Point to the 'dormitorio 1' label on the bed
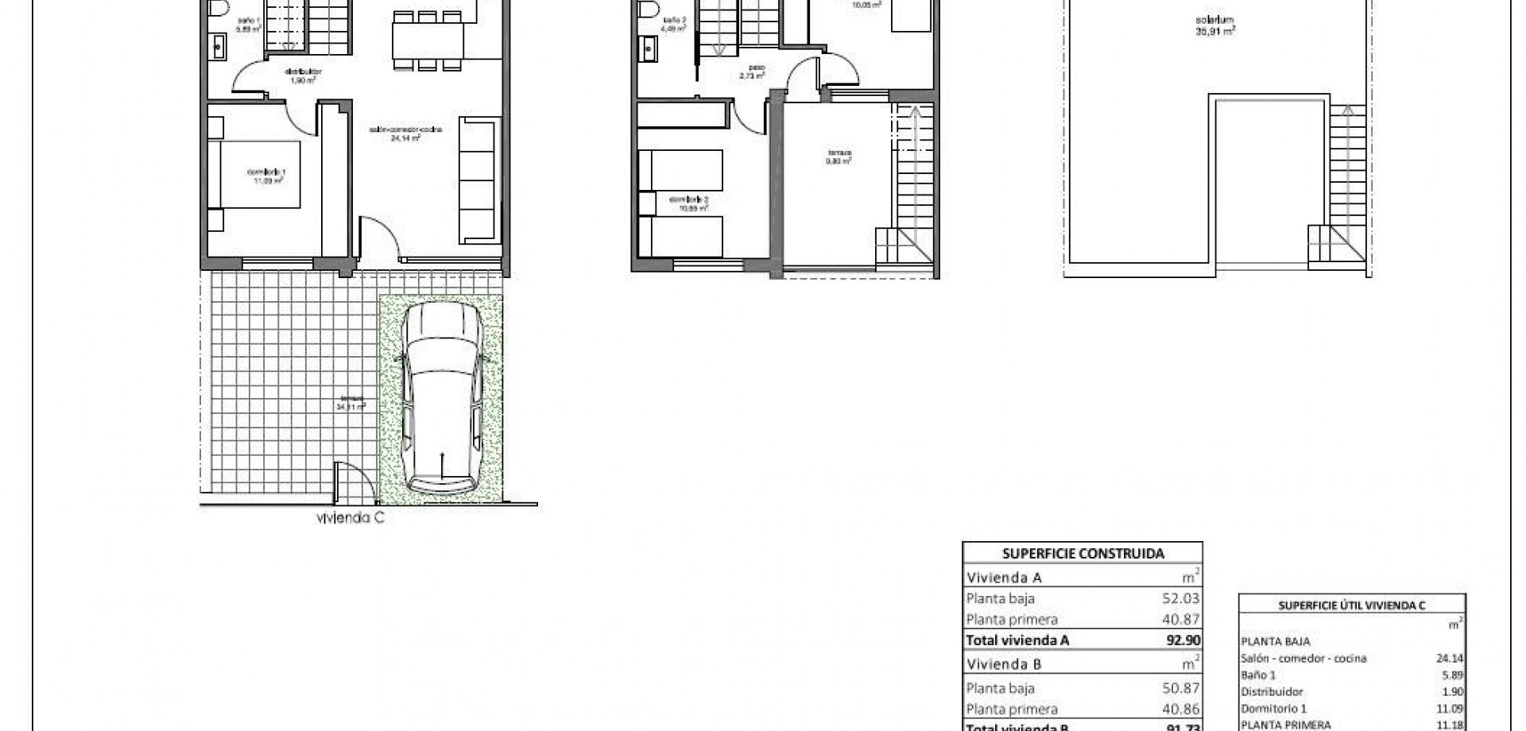point(265,176)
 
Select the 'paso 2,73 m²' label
point(751,72)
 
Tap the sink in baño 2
point(649,49)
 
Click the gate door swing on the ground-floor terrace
point(350,482)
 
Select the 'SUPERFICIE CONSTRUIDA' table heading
point(1083,554)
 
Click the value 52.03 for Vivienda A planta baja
point(1180,598)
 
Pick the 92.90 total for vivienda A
point(1182,640)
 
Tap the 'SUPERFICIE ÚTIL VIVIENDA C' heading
point(1351,605)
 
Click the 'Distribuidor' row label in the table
point(1271,691)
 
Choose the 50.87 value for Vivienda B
point(1180,688)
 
